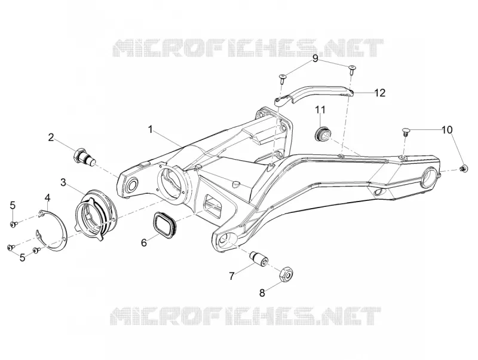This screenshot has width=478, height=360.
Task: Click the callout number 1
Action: pyautogui.click(x=151, y=129)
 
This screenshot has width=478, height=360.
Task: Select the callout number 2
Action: pyautogui.click(x=51, y=137)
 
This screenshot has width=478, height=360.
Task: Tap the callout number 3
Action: pyautogui.click(x=63, y=182)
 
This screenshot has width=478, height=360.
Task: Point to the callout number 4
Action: pyautogui.click(x=48, y=198)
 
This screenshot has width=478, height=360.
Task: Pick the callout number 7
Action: pyautogui.click(x=232, y=276)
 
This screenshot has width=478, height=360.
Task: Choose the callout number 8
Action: pyautogui.click(x=262, y=293)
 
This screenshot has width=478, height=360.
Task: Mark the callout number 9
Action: pyautogui.click(x=315, y=58)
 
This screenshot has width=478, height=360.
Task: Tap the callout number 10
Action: pyautogui.click(x=447, y=130)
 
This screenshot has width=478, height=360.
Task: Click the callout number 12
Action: pyautogui.click(x=380, y=93)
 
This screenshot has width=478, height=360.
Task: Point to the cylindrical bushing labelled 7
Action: pyautogui.click(x=259, y=258)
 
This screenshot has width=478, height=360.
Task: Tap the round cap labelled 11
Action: pyautogui.click(x=322, y=133)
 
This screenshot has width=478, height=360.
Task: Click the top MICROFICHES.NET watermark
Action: pyautogui.click(x=248, y=48)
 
